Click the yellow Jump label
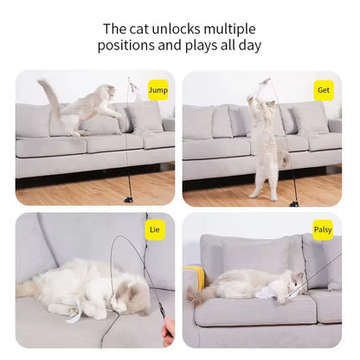157,89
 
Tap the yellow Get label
323,89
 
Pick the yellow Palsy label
323,230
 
